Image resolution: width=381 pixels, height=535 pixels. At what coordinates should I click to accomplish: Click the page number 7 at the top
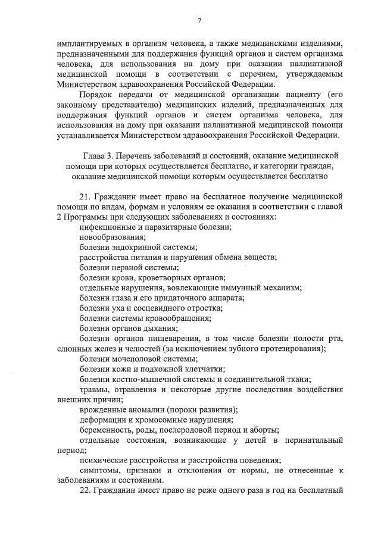coord(199,20)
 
